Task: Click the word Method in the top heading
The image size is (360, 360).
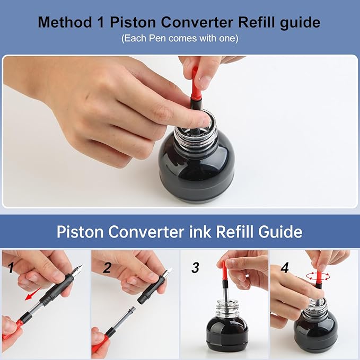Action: (x=65, y=22)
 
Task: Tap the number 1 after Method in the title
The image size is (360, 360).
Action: (x=101, y=22)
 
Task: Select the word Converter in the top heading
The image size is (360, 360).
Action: (x=197, y=22)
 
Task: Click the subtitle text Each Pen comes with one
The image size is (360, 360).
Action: (x=180, y=38)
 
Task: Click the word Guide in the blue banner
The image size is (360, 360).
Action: (x=280, y=231)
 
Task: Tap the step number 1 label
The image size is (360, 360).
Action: (x=11, y=268)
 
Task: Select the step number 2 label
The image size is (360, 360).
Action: (x=107, y=268)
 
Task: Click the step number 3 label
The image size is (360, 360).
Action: (x=195, y=268)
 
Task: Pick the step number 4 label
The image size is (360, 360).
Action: (x=285, y=268)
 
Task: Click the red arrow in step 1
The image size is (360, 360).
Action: (x=33, y=294)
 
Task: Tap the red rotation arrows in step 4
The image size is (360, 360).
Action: (x=319, y=276)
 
